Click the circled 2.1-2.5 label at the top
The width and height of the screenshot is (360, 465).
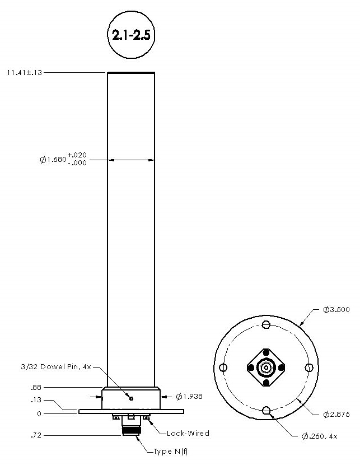[130, 35]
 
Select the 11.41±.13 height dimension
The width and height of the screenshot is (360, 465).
[25, 72]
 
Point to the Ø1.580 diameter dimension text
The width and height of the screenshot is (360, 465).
[53, 160]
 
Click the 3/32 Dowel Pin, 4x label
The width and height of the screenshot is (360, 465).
[60, 368]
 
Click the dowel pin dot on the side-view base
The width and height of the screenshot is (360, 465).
[131, 399]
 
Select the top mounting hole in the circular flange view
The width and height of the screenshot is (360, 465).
[266, 325]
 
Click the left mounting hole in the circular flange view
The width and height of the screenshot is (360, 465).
[224, 368]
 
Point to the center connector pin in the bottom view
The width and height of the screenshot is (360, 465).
[266, 368]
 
